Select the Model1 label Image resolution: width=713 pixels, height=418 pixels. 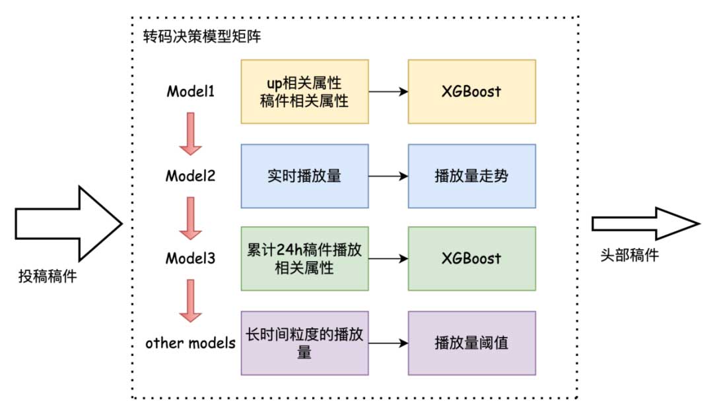190,92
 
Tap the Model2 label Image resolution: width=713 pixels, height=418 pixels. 190,176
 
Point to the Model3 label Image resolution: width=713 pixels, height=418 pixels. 190,258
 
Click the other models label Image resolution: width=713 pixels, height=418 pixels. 190,343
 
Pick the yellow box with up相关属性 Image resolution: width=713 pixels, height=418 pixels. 304,92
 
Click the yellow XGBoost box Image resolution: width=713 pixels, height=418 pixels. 471,92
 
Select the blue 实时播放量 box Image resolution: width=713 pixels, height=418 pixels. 304,176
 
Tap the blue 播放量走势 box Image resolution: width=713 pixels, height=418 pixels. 471,176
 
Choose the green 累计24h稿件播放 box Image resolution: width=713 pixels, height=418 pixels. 304,258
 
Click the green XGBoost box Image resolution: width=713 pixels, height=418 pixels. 471,258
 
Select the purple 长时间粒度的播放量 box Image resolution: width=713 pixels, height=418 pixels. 304,343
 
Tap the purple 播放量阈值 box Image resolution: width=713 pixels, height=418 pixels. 471,343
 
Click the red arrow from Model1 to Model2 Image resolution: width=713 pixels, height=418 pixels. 190,133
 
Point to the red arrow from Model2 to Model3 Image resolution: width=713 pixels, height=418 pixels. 190,217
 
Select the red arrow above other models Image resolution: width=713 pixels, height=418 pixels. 190,300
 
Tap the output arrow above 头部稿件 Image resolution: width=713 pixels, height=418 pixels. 644,224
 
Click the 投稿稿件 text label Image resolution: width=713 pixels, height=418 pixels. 47,277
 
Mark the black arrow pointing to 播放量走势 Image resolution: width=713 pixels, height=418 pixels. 388,176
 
